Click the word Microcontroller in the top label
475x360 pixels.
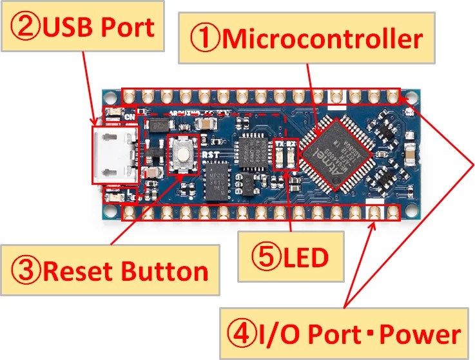coord(323,39)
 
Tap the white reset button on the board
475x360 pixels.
coord(184,155)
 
